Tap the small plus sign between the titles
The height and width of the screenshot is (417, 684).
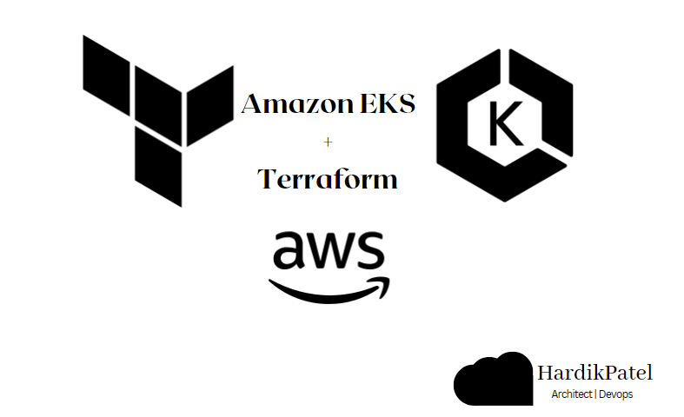(x=328, y=142)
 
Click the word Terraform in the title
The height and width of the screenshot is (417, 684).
(x=328, y=179)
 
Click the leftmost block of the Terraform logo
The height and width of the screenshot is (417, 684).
(x=105, y=69)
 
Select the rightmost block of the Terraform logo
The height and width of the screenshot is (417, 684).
(x=210, y=105)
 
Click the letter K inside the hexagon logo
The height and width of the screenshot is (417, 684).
(x=504, y=126)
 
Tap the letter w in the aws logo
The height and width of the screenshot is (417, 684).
(x=328, y=251)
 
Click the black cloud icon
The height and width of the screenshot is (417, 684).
(x=493, y=381)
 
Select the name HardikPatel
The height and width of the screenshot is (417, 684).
(x=594, y=374)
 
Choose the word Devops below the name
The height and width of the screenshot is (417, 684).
(x=616, y=394)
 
